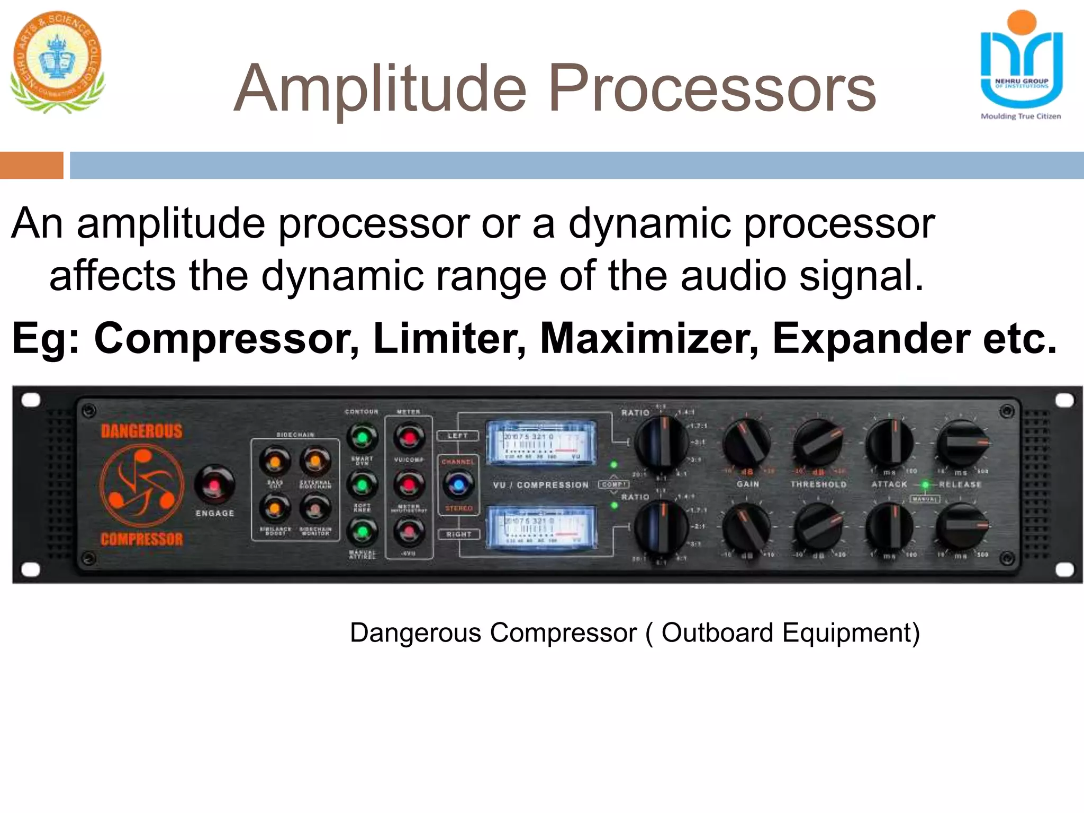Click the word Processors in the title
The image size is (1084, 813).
tap(712, 89)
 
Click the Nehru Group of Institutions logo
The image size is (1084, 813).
tap(1021, 64)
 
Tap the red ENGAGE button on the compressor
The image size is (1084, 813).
tap(214, 484)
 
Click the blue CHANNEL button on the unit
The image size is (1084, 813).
tap(458, 484)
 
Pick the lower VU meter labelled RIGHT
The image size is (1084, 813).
tap(540, 526)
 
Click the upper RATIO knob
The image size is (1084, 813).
tap(661, 444)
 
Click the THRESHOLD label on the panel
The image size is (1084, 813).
tap(818, 484)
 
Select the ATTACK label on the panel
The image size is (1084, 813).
tap(889, 484)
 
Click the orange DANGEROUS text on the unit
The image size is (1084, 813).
tap(141, 431)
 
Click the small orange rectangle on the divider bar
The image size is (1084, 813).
tap(31, 165)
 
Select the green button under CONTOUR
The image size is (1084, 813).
tap(362, 437)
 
